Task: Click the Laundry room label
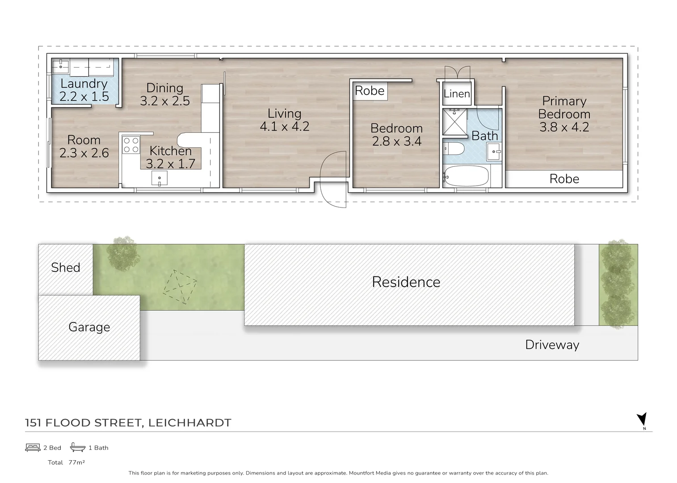coord(84,84)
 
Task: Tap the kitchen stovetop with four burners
coord(131,145)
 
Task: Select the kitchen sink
coord(160,178)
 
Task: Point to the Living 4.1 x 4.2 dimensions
coord(284,127)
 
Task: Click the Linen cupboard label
coord(457,94)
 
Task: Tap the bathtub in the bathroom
coord(466,176)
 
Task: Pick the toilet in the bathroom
coord(453,148)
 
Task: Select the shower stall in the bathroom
coord(454,122)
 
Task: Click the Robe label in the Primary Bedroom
coord(564,179)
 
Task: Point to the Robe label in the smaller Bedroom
coord(370,91)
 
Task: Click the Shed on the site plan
coord(66,268)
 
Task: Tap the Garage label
coord(89,327)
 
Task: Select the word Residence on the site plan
coord(406,282)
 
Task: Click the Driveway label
coord(552,345)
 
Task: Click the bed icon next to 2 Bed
coord(33,448)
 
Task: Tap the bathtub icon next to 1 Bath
coord(78,447)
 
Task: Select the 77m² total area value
coord(77,462)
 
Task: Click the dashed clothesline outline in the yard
coord(180,287)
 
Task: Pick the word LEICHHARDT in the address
coord(189,423)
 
